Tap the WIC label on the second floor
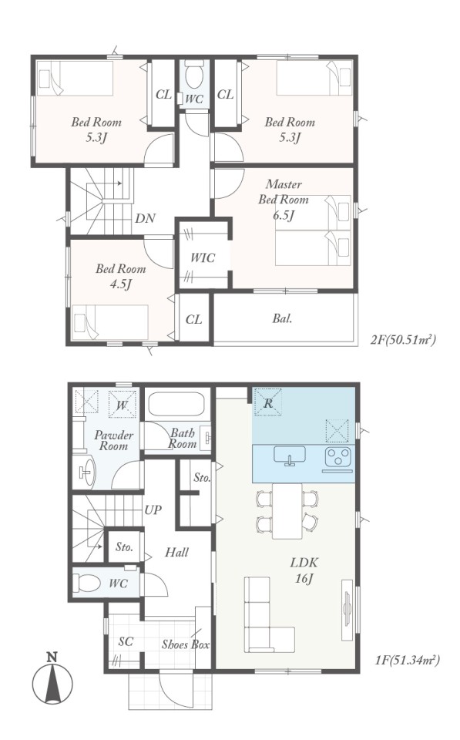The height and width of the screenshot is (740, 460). click(203, 257)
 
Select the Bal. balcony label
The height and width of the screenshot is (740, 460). click(282, 318)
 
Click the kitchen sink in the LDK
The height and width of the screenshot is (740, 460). click(290, 456)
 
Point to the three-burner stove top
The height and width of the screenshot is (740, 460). click(337, 456)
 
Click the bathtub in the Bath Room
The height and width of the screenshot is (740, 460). click(176, 404)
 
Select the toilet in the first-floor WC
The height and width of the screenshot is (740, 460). click(86, 583)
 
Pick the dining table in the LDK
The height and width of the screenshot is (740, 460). click(287, 511)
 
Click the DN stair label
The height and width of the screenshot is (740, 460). click(145, 218)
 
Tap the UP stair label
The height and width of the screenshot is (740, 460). click(153, 510)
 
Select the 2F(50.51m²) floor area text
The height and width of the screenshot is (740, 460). click(403, 339)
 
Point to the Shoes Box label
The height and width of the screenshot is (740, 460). click(186, 644)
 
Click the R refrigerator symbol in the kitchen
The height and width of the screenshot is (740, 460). click(268, 402)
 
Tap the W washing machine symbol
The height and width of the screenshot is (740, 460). click(123, 405)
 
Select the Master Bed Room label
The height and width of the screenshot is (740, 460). click(283, 192)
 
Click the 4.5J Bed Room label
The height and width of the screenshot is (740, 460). click(121, 277)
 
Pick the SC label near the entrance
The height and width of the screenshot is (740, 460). click(126, 642)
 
